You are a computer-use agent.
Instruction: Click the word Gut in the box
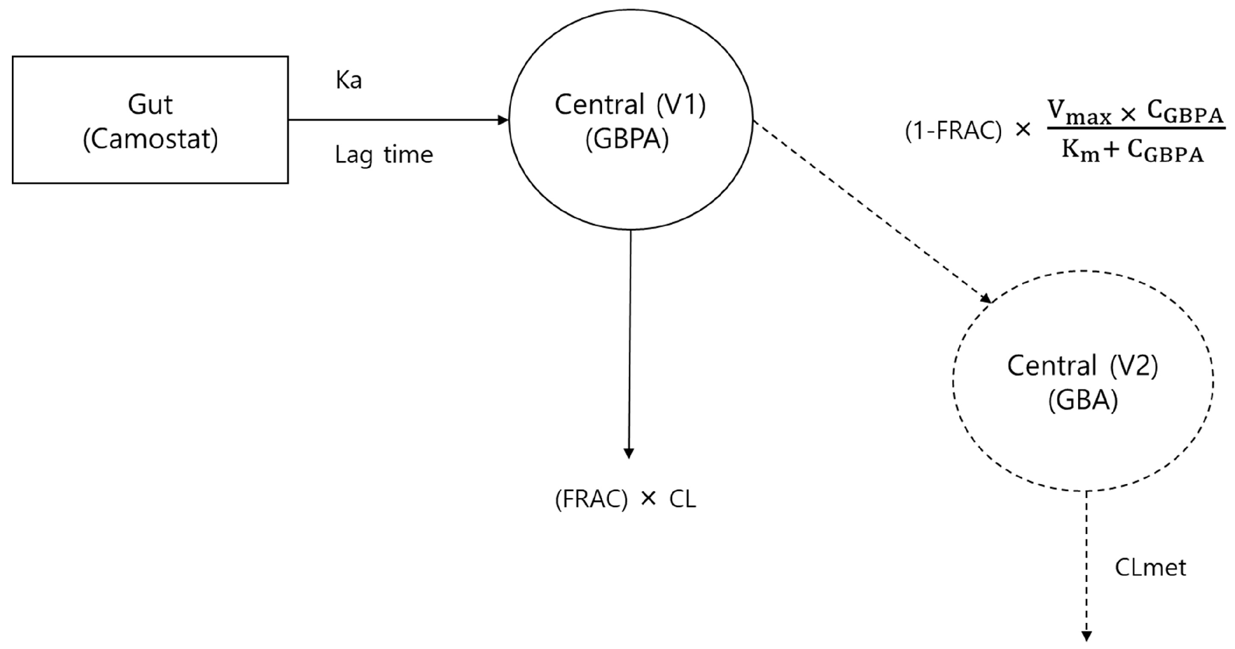tap(149, 105)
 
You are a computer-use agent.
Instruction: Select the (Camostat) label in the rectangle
tap(150, 140)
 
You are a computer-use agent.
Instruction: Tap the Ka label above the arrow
tap(349, 81)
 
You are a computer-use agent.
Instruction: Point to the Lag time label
tap(384, 155)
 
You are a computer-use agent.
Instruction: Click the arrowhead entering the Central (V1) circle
tap(504, 120)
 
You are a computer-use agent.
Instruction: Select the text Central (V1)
tap(630, 105)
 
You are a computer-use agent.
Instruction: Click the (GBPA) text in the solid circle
tap(627, 140)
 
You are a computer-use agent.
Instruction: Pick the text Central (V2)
tap(1082, 366)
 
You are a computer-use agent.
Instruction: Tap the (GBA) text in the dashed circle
tap(1082, 401)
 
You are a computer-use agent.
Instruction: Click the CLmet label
tap(1150, 568)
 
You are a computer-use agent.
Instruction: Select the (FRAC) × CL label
tap(625, 500)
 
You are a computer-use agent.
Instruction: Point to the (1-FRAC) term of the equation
tap(953, 131)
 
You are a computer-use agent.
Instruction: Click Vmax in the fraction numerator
tap(1079, 113)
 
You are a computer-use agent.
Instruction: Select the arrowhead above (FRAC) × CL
tap(628, 453)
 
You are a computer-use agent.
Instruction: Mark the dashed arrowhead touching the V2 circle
tap(986, 298)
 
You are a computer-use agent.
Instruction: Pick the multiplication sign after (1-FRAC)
tap(1023, 130)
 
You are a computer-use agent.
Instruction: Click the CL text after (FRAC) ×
tap(682, 500)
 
